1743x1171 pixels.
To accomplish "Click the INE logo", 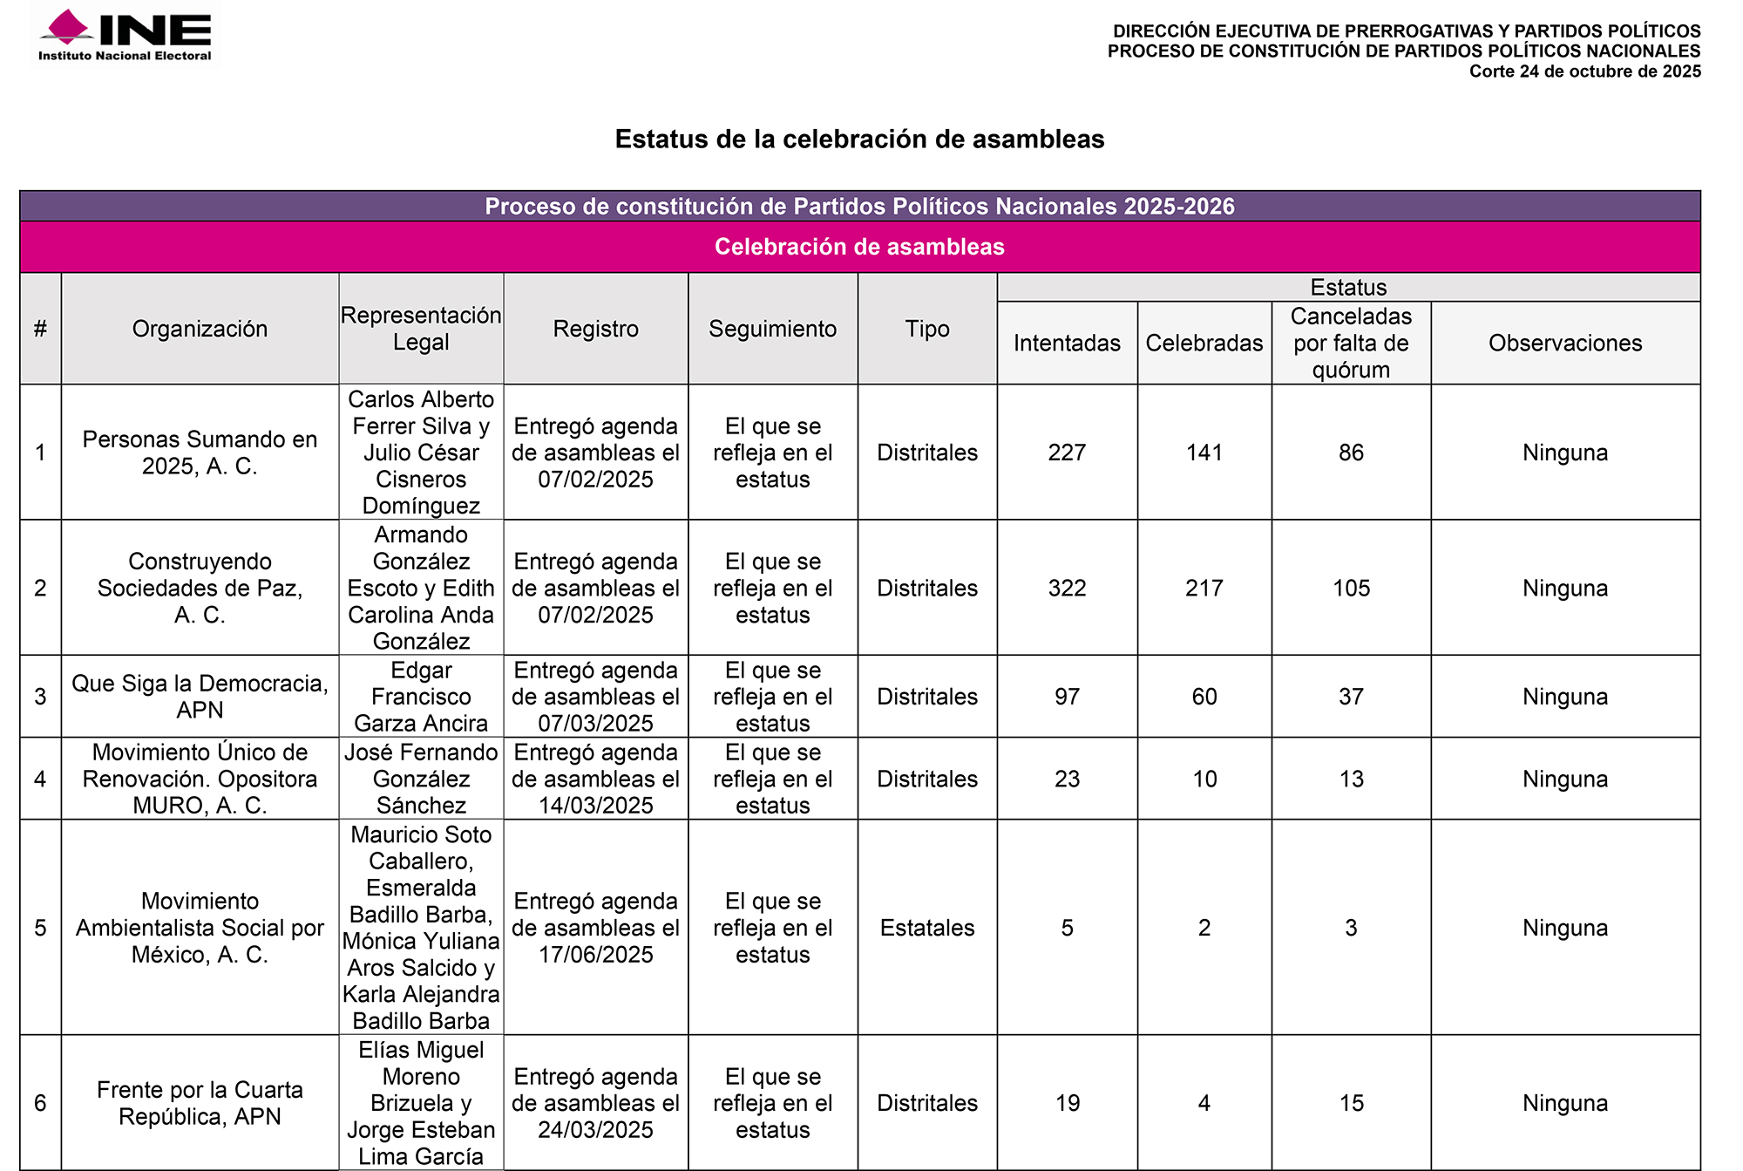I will [x=125, y=35].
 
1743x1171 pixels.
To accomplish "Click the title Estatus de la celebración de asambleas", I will [x=859, y=139].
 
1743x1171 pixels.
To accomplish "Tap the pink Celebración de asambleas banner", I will [x=859, y=247].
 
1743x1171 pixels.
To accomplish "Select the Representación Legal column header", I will [x=421, y=329].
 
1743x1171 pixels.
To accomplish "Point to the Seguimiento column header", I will [x=772, y=329].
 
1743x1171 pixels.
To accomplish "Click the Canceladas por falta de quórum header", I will [x=1351, y=343].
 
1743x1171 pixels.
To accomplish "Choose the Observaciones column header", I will [x=1565, y=343].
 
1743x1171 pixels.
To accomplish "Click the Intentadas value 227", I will [x=1067, y=453].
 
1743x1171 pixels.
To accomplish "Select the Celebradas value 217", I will [x=1204, y=588].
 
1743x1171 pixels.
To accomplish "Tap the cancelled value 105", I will [x=1351, y=588].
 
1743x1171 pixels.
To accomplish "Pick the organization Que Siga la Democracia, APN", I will [x=200, y=697].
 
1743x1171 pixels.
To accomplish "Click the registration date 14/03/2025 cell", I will [x=595, y=779].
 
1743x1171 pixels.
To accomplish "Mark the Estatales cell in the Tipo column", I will [x=927, y=928].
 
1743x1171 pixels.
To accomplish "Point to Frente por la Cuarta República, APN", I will [x=200, y=1103].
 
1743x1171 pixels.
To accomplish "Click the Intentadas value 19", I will [x=1067, y=1103].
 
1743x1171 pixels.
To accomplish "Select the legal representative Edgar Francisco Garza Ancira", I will [x=421, y=697].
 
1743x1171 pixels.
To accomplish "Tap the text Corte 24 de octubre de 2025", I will [x=1584, y=71].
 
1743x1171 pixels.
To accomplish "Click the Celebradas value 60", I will [x=1204, y=697].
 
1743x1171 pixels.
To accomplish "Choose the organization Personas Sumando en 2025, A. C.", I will [x=200, y=453].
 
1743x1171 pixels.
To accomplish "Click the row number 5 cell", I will [x=40, y=928].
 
